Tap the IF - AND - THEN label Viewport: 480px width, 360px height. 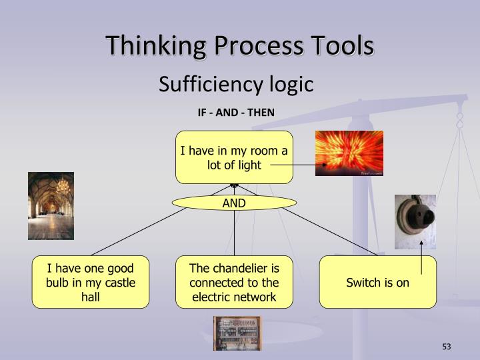(235, 112)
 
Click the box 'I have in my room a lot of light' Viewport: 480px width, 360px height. (234, 157)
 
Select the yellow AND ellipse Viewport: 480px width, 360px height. (234, 203)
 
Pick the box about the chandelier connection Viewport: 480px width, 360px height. (234, 282)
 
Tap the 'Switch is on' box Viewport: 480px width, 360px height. (377, 282)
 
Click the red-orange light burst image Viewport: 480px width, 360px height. (349, 153)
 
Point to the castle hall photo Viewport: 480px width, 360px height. (51, 205)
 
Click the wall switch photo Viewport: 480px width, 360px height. (415, 221)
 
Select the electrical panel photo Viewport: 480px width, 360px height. (237, 333)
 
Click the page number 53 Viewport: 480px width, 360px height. (446, 347)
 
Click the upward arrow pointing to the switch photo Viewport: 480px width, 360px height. (421, 257)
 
